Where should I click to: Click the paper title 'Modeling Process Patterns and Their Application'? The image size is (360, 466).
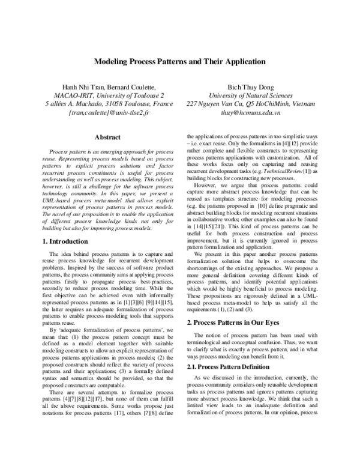pyautogui.click(x=179, y=61)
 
